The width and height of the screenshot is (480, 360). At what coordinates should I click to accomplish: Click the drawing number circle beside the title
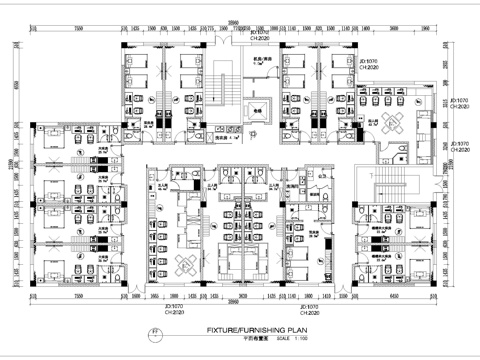pyautogui.click(x=153, y=332)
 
